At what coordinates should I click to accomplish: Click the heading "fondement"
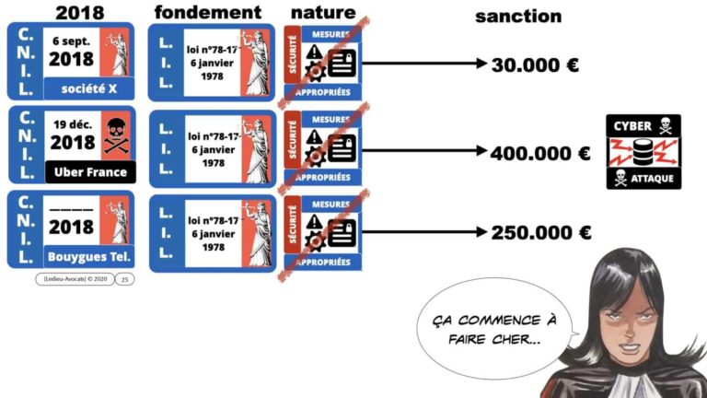click(x=207, y=13)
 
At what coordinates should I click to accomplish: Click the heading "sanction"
click(x=517, y=17)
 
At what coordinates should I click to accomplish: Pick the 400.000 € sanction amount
click(x=540, y=153)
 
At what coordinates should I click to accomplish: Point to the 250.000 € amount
click(x=540, y=233)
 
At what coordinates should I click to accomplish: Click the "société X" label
click(x=88, y=89)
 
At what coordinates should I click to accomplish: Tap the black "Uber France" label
click(x=90, y=171)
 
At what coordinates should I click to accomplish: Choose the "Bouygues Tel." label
click(x=89, y=254)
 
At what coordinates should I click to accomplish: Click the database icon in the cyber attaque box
click(x=643, y=151)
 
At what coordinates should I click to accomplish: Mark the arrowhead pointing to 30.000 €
click(x=481, y=64)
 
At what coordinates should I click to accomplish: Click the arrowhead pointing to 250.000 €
click(x=481, y=233)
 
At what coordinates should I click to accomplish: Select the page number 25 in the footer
click(x=125, y=279)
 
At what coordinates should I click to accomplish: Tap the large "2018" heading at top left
click(x=79, y=13)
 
